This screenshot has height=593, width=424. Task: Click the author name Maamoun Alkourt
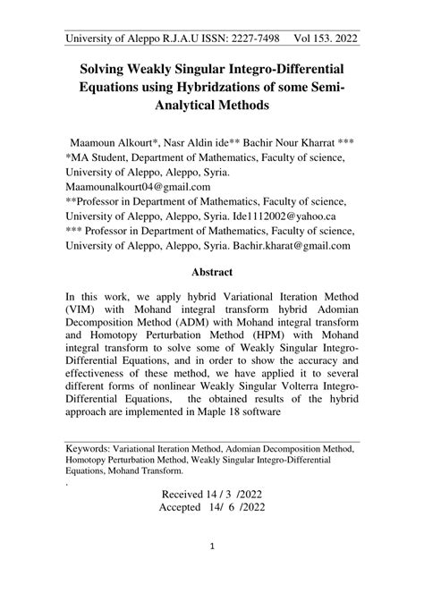coord(112,143)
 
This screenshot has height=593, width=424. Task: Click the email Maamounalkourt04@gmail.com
coord(138,188)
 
